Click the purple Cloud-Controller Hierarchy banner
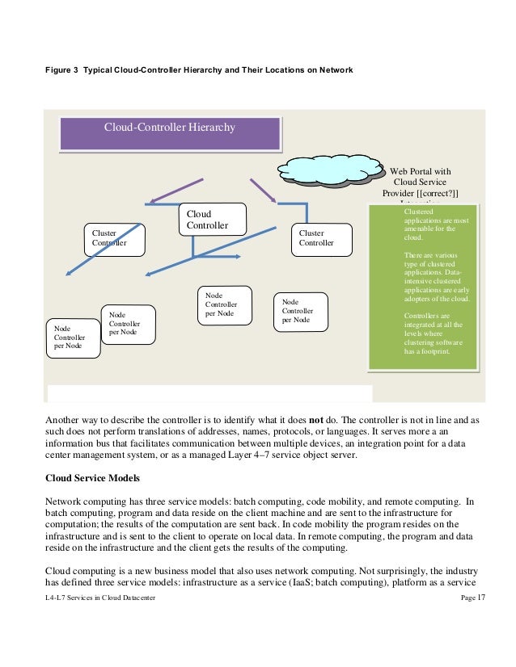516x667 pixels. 170,131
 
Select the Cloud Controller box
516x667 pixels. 212,220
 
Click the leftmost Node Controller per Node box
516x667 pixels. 74,338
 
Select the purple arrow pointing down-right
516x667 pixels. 264,191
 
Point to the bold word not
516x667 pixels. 316,421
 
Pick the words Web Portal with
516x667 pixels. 420,171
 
